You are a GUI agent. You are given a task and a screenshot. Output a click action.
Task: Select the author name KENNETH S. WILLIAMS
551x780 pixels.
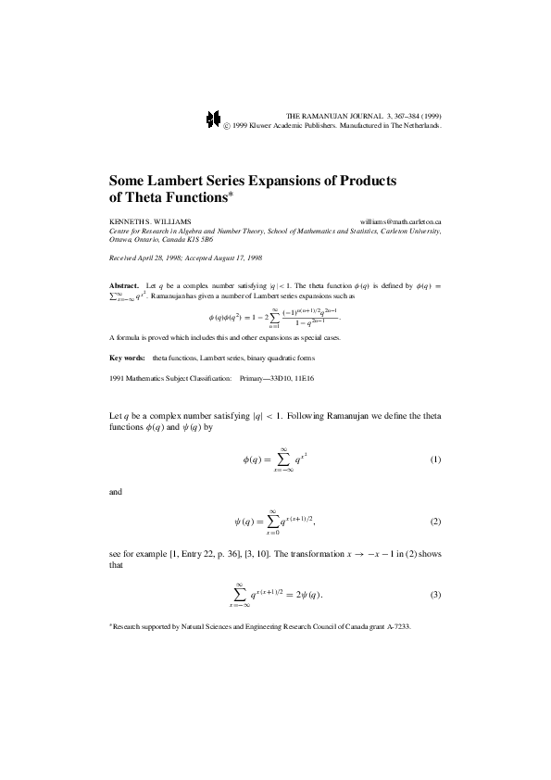pyautogui.click(x=152, y=222)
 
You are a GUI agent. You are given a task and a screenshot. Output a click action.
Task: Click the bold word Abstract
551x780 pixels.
pyautogui.click(x=123, y=287)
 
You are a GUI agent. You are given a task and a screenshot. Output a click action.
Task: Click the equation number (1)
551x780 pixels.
pyautogui.click(x=435, y=460)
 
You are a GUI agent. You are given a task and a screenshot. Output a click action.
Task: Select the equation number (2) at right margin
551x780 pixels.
pyautogui.click(x=435, y=522)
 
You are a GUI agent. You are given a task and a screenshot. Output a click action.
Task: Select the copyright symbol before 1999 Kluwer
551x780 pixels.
pyautogui.click(x=227, y=122)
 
